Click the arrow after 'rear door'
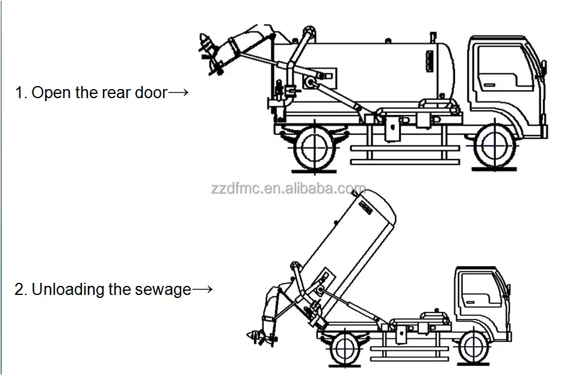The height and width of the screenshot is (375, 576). (179, 93)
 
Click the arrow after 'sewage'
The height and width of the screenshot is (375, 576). (202, 290)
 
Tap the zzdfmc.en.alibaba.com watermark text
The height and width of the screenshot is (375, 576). (288, 189)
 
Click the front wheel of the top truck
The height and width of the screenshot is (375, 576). (497, 147)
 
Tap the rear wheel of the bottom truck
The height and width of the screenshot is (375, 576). (341, 348)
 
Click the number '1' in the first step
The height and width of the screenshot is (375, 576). (19, 93)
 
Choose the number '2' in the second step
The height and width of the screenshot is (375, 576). (19, 290)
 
